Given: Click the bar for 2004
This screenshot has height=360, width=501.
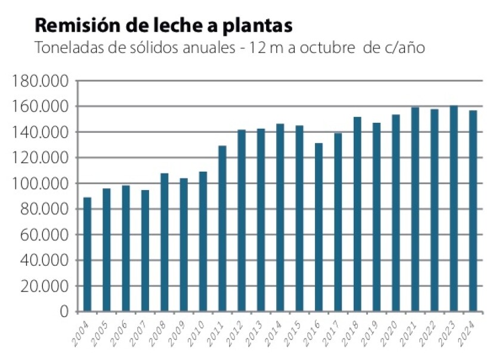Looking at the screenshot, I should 87,255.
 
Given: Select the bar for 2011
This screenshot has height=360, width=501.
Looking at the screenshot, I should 222,228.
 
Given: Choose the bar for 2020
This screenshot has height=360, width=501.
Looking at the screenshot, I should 395,213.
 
